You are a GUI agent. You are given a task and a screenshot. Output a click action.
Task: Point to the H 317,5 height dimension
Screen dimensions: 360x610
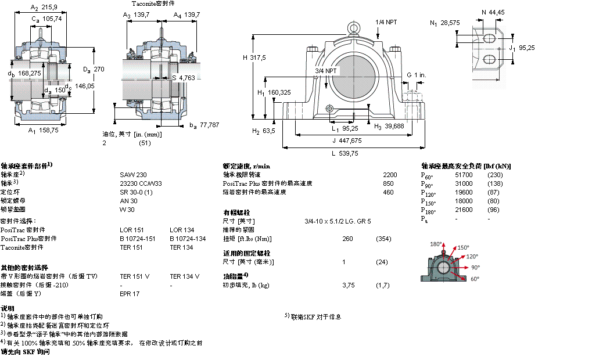(254, 57)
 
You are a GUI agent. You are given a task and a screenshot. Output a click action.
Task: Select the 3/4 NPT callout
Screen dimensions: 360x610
(326, 71)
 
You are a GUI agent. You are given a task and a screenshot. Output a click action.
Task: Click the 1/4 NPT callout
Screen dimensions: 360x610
(387, 21)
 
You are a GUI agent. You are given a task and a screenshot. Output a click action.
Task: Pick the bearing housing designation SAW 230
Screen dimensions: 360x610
(133, 175)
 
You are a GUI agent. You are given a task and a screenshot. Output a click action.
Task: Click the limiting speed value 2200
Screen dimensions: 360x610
(390, 175)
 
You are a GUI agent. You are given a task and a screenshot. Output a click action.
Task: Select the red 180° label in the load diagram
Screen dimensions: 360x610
(436, 244)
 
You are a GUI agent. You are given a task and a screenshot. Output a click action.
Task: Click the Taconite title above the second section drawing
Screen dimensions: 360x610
(153, 3)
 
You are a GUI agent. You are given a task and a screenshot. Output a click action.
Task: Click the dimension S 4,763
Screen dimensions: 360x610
(183, 77)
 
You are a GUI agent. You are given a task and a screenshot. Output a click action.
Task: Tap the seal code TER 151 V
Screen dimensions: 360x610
(134, 276)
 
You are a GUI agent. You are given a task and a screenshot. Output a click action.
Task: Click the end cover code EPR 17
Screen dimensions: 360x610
(130, 294)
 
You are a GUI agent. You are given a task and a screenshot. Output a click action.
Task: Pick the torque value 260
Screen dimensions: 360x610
(347, 239)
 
